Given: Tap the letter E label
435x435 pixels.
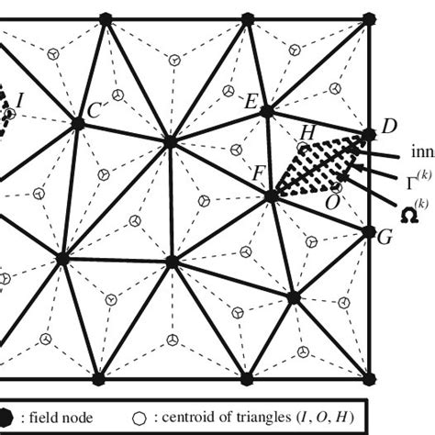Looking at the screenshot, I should [251, 102].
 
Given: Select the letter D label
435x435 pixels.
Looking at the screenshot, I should [388, 125].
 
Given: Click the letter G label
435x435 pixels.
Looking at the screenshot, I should [385, 237].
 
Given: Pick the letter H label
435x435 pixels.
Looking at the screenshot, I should [307, 132].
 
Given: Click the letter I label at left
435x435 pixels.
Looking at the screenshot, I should [20, 97].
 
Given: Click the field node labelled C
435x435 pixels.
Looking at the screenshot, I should [79, 122].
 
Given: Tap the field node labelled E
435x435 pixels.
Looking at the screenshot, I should [266, 112].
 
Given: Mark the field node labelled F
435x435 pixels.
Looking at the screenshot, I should [272, 195].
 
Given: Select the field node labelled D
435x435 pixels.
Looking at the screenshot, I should [369, 135].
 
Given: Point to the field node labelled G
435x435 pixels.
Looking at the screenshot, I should [370, 232].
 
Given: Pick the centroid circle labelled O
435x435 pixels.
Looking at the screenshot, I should [337, 187].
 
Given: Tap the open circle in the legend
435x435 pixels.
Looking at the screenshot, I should [139, 418].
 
